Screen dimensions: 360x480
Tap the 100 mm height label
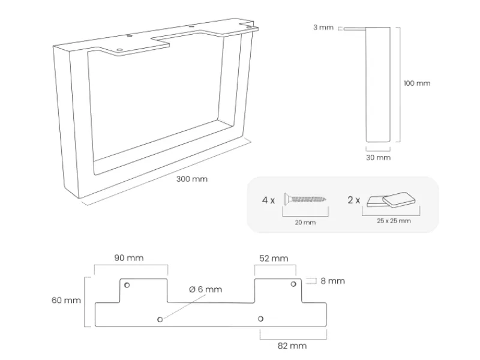[416, 83]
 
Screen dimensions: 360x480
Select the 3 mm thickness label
[323, 28]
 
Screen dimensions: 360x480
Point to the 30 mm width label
[378, 157]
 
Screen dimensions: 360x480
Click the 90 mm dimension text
[128, 258]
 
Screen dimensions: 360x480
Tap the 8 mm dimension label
[332, 281]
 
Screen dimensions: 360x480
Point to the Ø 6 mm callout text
[205, 289]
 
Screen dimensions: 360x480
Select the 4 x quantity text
[268, 200]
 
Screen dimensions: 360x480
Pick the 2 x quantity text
[354, 200]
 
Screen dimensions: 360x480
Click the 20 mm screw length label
[306, 222]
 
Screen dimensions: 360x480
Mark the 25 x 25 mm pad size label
[394, 221]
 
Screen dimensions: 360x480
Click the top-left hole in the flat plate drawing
[127, 284]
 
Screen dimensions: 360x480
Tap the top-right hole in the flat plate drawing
[293, 284]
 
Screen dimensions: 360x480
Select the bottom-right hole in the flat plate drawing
[260, 319]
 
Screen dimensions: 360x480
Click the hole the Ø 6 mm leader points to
[160, 319]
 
